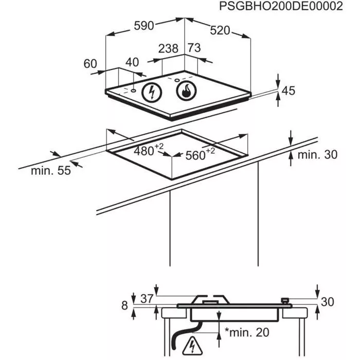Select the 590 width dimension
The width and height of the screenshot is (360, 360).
pyautogui.click(x=144, y=26)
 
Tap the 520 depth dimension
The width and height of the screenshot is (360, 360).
pyautogui.click(x=220, y=30)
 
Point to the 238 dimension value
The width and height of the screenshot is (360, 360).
pyautogui.click(x=168, y=49)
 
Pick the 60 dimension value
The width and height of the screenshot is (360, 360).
pyautogui.click(x=90, y=64)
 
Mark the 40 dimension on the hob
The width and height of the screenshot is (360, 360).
pyautogui.click(x=132, y=62)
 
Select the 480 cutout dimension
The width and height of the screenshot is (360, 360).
pyautogui.click(x=146, y=151)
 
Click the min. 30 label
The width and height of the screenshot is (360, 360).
pyautogui.click(x=318, y=154)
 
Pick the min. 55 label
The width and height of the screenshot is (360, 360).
pyautogui.click(x=50, y=171)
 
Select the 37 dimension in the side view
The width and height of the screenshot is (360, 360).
pyautogui.click(x=147, y=298)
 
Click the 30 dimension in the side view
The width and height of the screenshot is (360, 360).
pyautogui.click(x=328, y=302)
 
